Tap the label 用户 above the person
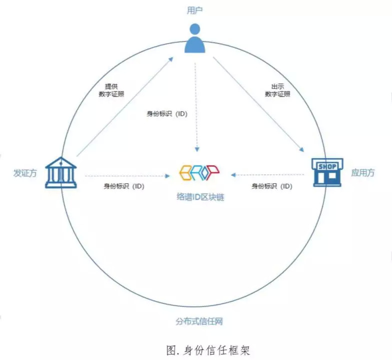196,10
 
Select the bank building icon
61,173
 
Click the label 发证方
25,173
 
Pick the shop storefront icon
327,172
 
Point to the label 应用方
363,173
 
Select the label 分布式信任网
198,320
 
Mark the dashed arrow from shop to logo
268,175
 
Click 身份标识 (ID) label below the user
167,114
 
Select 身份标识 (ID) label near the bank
124,186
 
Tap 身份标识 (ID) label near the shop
272,186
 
